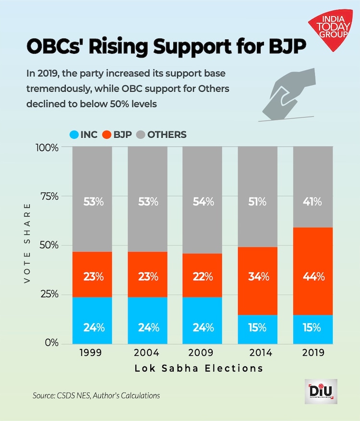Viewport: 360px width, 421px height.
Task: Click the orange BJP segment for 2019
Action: (313, 259)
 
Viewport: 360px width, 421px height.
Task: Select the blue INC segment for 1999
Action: (92, 320)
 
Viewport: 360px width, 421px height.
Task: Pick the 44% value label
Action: (313, 277)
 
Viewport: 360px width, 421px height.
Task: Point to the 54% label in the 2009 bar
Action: (203, 202)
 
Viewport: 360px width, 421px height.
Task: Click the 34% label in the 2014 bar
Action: (258, 277)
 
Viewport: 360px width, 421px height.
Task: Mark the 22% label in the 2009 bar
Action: (203, 277)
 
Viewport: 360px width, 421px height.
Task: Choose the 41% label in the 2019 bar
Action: (313, 202)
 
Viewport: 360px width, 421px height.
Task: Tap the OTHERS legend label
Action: (167, 134)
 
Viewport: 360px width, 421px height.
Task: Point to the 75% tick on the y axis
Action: (47, 196)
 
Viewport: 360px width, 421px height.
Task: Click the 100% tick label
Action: (46, 147)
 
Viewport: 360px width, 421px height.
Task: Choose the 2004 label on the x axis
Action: (147, 353)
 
